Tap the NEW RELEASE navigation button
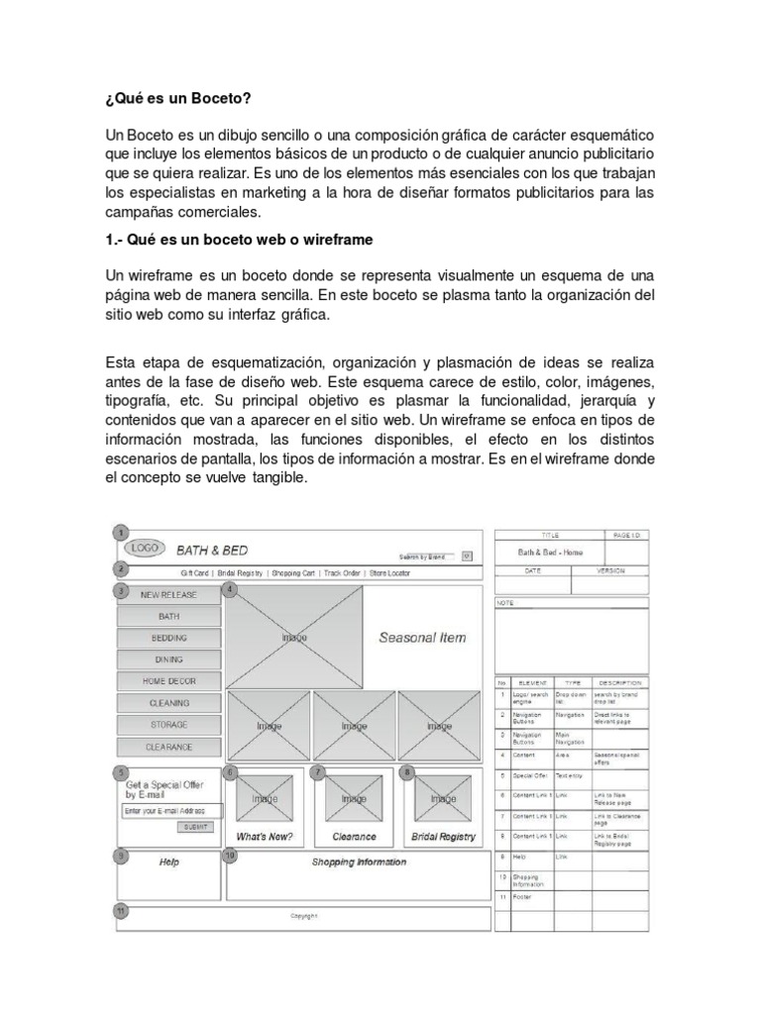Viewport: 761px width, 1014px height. coord(168,595)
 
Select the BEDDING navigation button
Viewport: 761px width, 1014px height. coord(168,638)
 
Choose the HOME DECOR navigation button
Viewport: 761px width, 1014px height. coord(168,681)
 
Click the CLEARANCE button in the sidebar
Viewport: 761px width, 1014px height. coord(168,747)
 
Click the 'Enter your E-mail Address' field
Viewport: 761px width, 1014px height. coord(169,810)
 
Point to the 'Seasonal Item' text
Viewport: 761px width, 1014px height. coord(422,638)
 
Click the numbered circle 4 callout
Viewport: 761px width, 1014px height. coord(231,590)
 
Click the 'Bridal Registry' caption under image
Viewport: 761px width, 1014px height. coord(443,837)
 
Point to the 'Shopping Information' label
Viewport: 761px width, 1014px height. coord(359,862)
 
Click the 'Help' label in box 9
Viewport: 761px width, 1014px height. coord(169,862)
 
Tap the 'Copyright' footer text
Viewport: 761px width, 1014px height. coord(303,916)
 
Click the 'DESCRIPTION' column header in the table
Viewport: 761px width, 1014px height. coord(620,682)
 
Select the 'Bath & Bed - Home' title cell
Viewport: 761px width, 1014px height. coord(551,553)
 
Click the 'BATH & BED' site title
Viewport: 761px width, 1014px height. coord(212,551)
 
